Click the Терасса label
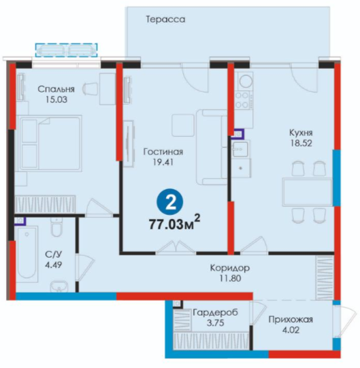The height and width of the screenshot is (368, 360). pos(165,20)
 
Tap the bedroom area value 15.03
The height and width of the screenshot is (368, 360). pos(56,99)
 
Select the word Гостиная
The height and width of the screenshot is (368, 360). pos(163,152)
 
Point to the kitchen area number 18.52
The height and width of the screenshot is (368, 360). pos(301,143)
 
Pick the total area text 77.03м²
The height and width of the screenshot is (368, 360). pos(174,223)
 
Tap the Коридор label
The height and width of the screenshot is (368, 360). pos(229,268)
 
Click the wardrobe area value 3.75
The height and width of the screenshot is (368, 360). pos(215,323)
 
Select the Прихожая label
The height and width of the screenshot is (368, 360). pos(291,320)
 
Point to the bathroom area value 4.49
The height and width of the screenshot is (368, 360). pos(54,265)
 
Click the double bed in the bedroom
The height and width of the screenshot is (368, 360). pos(51,144)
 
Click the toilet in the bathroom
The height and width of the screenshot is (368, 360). pos(57,227)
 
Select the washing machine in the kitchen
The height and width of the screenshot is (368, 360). pos(245,81)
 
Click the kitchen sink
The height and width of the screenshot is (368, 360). pos(240,149)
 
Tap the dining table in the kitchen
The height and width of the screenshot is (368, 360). pos(308,192)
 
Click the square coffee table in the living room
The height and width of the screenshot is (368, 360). pos(183,125)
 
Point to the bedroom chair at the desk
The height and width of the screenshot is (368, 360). pos(91,89)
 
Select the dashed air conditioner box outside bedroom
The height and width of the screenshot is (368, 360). pos(67,50)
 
